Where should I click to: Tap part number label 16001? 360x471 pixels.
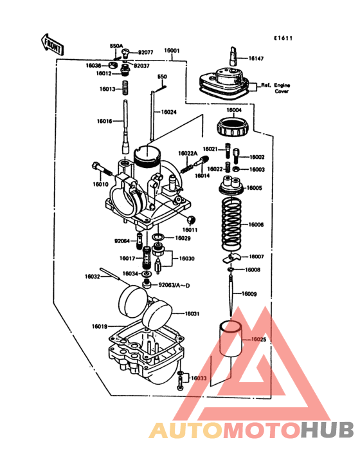coord(172,50)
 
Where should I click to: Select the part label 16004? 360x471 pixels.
coord(234,110)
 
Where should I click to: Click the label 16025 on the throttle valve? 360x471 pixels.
coord(257,339)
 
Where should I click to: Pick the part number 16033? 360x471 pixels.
coord(198,378)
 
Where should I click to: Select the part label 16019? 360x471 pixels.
coord(99,327)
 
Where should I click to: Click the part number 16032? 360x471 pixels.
coord(93,277)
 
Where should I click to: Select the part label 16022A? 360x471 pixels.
coord(188,153)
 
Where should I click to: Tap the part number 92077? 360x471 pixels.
coord(146,51)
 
